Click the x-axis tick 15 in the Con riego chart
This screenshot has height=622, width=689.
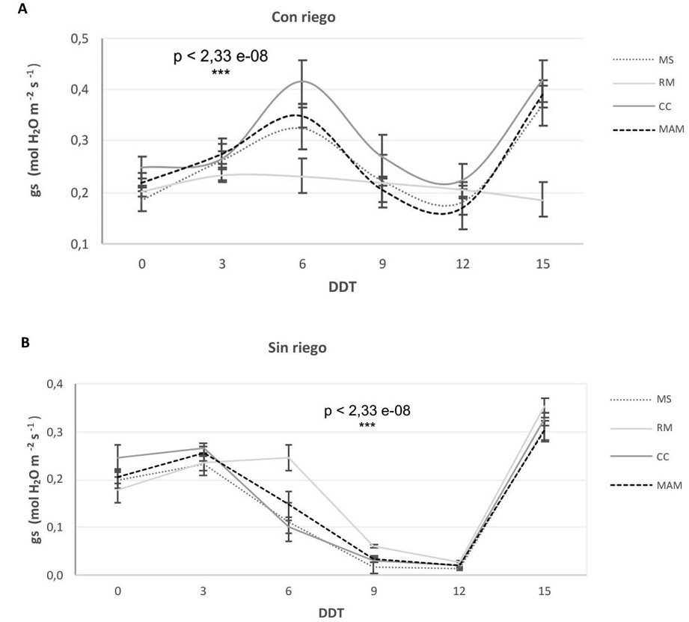tap(544, 263)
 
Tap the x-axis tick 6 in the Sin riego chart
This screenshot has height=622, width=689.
tap(289, 591)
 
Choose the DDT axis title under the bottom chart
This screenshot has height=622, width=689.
tap(331, 613)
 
